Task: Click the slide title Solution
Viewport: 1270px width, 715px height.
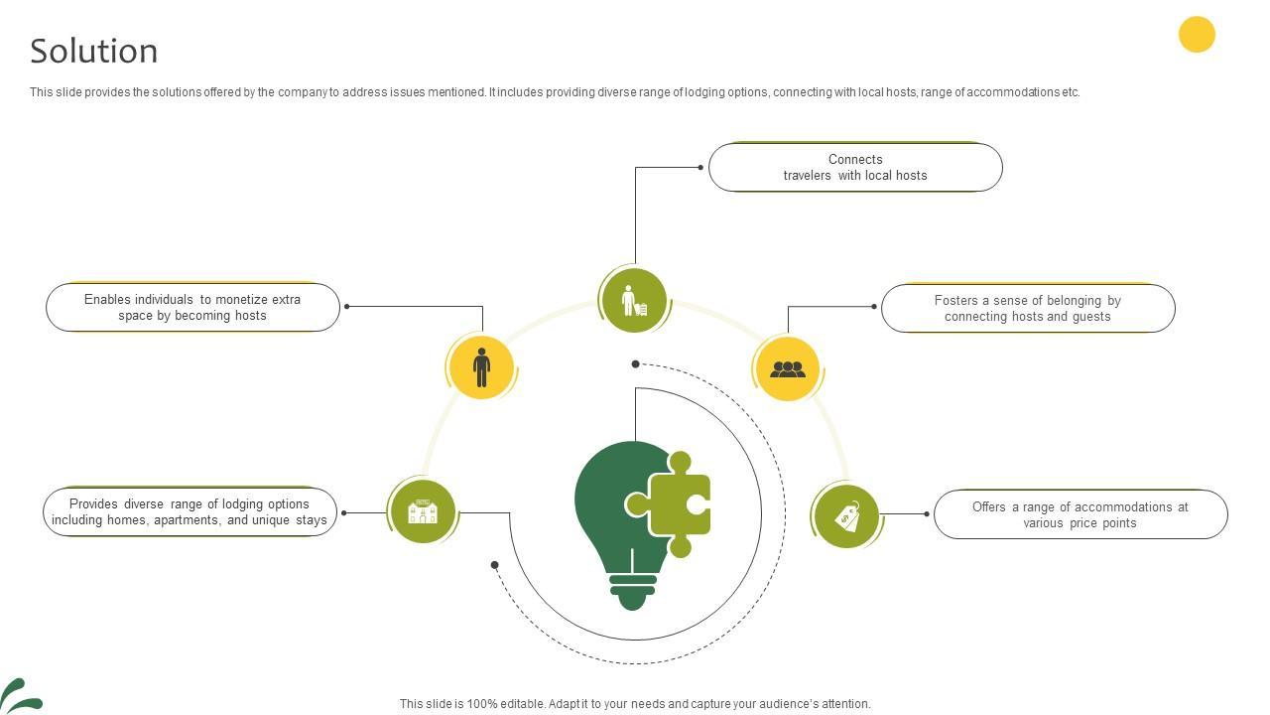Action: click(94, 51)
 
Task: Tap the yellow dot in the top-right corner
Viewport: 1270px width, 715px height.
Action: click(1197, 34)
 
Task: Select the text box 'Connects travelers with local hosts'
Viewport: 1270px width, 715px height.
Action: click(855, 167)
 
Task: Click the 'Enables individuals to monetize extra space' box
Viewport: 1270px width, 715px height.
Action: click(192, 307)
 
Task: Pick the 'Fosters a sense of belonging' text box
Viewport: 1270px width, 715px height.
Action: click(1028, 308)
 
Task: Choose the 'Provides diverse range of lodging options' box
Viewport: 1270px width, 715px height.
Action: click(190, 512)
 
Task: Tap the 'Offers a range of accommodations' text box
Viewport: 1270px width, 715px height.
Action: click(1080, 514)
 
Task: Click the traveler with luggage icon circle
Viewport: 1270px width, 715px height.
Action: click(633, 300)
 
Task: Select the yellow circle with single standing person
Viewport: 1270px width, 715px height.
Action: click(481, 367)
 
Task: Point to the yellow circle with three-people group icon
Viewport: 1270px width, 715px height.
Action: click(788, 369)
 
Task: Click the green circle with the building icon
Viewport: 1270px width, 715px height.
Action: click(423, 512)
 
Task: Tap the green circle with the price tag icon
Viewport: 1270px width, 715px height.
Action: click(846, 516)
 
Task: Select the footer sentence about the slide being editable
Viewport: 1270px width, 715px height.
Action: click(635, 704)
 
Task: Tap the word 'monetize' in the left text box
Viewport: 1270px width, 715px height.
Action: click(242, 299)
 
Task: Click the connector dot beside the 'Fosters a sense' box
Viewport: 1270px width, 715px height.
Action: click(874, 307)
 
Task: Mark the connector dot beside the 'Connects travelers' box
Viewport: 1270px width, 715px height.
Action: click(700, 167)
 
